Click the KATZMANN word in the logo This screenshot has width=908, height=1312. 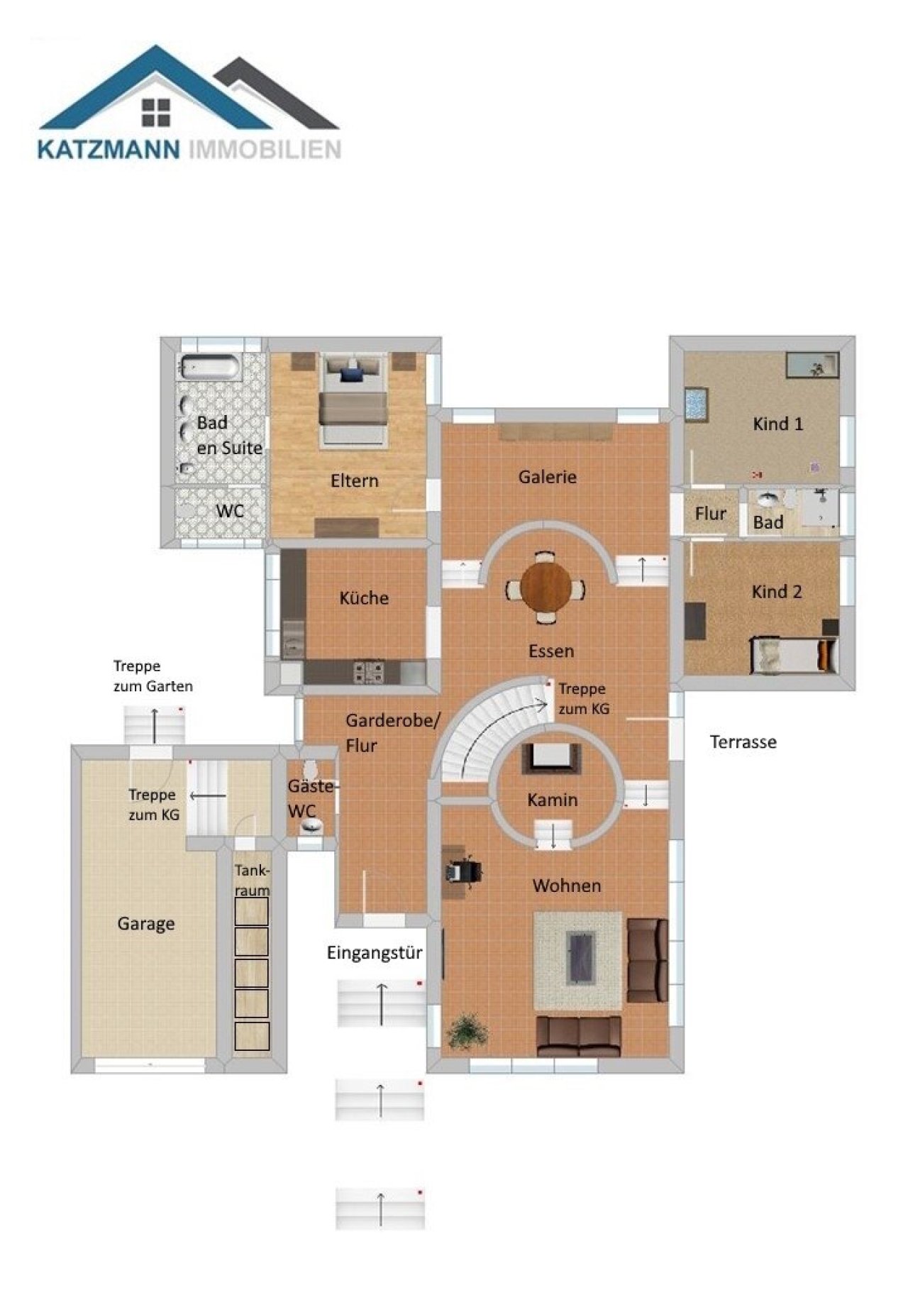click(x=109, y=149)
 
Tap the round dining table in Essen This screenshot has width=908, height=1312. click(x=545, y=588)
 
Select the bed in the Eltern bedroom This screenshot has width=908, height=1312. click(x=353, y=402)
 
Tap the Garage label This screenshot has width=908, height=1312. click(x=146, y=924)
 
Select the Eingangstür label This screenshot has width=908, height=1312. click(x=375, y=953)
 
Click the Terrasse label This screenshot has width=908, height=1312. click(x=743, y=742)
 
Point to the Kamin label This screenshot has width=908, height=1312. click(x=553, y=800)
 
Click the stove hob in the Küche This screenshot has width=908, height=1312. click(x=369, y=671)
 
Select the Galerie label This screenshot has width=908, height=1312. click(x=547, y=477)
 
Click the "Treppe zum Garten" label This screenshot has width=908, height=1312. click(x=153, y=676)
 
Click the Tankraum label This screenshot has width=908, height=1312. click(x=253, y=881)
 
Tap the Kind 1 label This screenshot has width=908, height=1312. click(x=778, y=424)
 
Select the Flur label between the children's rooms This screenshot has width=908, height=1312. click(x=711, y=514)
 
